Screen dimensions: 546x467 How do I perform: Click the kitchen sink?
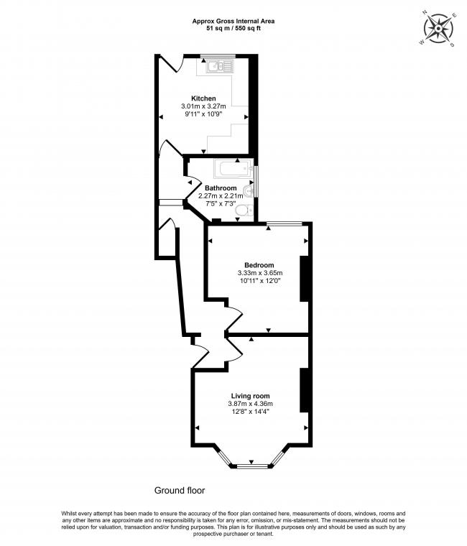pos(219,67)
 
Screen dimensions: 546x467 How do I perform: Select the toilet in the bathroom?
pos(244,210)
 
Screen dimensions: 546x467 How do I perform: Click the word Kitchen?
pos(203,98)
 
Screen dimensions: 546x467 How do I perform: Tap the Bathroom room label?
pos(221,188)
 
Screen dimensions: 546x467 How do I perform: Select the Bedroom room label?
pos(259,265)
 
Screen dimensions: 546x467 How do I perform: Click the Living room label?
pos(250,396)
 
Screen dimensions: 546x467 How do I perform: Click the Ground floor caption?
pos(180,491)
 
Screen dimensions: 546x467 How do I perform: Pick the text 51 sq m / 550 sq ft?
pos(233,29)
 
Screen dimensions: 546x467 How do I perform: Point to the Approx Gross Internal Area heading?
pos(233,22)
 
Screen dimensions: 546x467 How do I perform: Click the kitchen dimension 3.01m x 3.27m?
pos(203,106)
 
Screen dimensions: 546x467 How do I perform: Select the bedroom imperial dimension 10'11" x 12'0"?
pos(259,281)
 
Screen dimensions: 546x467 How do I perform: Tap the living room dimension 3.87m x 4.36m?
pos(250,404)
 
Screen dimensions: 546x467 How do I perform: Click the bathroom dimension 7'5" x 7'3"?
pos(221,203)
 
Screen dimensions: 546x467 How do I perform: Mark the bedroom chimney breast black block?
pos(304,277)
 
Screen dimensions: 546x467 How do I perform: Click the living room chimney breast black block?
pos(304,389)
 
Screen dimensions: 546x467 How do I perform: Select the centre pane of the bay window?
pos(251,467)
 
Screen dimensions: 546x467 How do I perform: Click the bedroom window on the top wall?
pos(285,224)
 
